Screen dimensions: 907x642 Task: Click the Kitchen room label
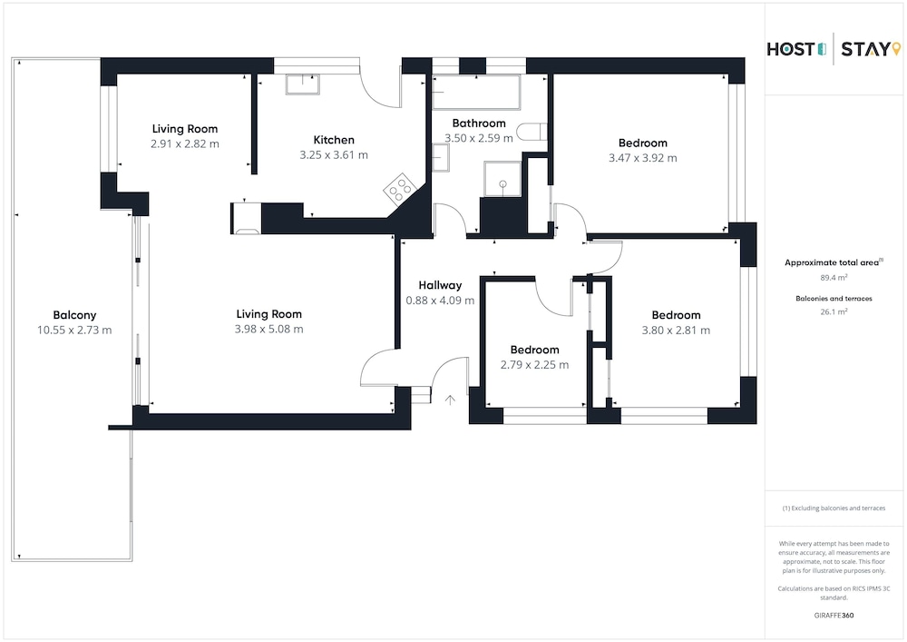coord(334,140)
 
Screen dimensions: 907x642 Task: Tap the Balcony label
coord(74,315)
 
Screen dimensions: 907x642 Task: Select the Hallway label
coord(440,285)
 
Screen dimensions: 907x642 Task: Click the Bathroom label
coord(479,123)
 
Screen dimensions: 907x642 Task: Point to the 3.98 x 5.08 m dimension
coord(269,330)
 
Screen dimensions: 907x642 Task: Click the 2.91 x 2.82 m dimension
coord(185,144)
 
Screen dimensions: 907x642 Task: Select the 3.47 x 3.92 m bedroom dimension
coord(643,158)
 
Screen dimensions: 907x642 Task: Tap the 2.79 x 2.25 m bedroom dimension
coord(534,365)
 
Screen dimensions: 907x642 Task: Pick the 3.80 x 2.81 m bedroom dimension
coord(676,331)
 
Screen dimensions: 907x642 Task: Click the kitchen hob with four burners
coord(400,189)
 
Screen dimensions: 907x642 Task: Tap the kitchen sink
coord(303,84)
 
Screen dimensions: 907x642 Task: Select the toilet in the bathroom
coord(531,132)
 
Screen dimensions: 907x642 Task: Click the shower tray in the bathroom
coord(502,179)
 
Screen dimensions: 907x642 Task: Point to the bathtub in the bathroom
coord(476,92)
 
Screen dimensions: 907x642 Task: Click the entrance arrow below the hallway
coord(450,400)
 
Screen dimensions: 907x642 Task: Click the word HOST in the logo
coord(791,50)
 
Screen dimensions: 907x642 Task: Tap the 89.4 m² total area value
coord(834,277)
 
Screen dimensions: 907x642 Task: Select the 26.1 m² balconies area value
coord(834,311)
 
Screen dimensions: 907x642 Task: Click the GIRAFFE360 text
coord(834,616)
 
